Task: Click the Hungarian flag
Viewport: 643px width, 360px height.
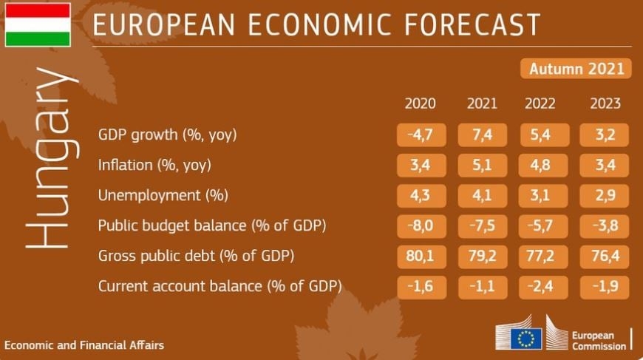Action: pos(38,24)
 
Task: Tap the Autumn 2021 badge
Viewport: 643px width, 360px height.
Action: pos(576,69)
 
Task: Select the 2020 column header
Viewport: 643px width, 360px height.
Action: pos(420,103)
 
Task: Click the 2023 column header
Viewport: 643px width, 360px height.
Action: pos(605,103)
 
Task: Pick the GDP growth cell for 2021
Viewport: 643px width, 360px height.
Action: pos(481,135)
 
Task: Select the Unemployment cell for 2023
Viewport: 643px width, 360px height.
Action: pos(605,196)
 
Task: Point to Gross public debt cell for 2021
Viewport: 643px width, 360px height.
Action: pos(481,257)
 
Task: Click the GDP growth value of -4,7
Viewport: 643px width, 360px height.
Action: pos(420,135)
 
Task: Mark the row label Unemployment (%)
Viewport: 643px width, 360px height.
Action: pos(163,196)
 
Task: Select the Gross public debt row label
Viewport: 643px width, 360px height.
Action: pos(197,257)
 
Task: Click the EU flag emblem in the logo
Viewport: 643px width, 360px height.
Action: pos(525,339)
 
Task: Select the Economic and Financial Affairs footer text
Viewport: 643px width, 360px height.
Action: pos(84,345)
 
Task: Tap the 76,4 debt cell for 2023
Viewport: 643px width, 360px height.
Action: pos(605,257)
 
